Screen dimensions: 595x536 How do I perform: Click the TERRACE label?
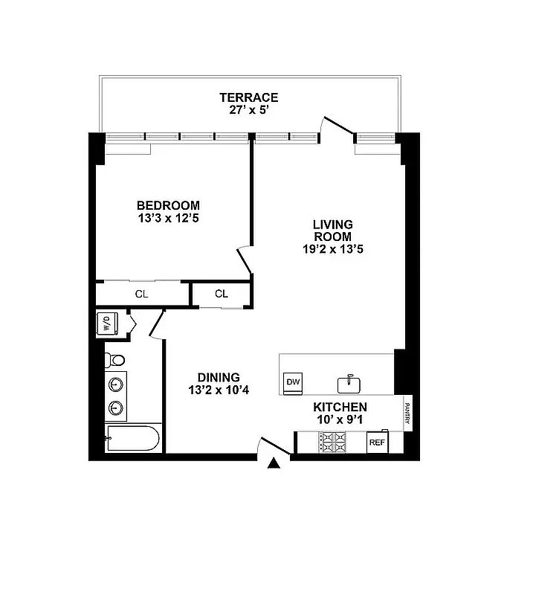pos(248,97)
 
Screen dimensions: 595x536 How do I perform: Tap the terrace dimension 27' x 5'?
pos(248,110)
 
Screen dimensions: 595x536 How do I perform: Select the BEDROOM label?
pos(168,205)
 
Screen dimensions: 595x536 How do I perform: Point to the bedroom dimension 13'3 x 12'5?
pos(168,219)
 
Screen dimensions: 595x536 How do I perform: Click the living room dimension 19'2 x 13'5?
pos(332,249)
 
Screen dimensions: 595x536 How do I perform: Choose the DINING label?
pos(218,376)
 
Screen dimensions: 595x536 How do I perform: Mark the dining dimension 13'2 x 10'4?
pos(218,389)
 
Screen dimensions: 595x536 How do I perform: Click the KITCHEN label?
pos(340,407)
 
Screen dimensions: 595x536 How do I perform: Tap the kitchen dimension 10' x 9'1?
pos(340,419)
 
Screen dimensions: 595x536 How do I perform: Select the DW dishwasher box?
pos(293,382)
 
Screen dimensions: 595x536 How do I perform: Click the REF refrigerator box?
pos(377,442)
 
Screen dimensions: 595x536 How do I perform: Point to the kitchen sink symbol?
pos(349,385)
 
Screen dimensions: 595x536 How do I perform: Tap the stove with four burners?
pos(332,442)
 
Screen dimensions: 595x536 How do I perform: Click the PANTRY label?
pos(407,414)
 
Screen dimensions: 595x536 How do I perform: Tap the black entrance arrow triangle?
pos(274,463)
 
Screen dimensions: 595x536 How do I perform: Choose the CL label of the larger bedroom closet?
pos(141,294)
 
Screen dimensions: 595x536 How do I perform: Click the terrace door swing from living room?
pos(337,127)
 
